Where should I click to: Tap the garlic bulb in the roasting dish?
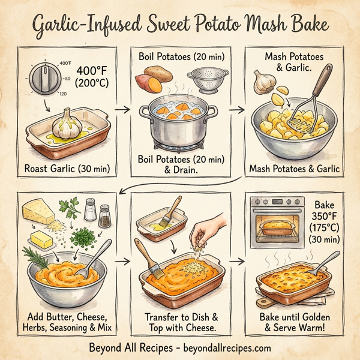tap(67, 125)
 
